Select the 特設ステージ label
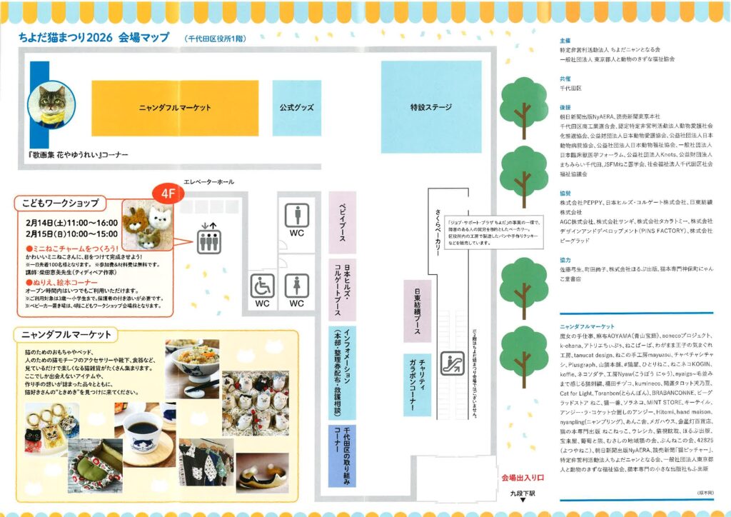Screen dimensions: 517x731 pyautogui.click(x=430, y=107)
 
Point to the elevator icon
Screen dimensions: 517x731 pyautogui.click(x=208, y=236)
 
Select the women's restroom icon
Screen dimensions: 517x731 pyautogui.click(x=296, y=285)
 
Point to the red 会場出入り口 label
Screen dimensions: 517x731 pyautogui.click(x=523, y=477)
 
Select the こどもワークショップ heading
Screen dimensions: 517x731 pyautogui.click(x=60, y=203)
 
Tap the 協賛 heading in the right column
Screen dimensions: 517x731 pyautogui.click(x=565, y=192)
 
